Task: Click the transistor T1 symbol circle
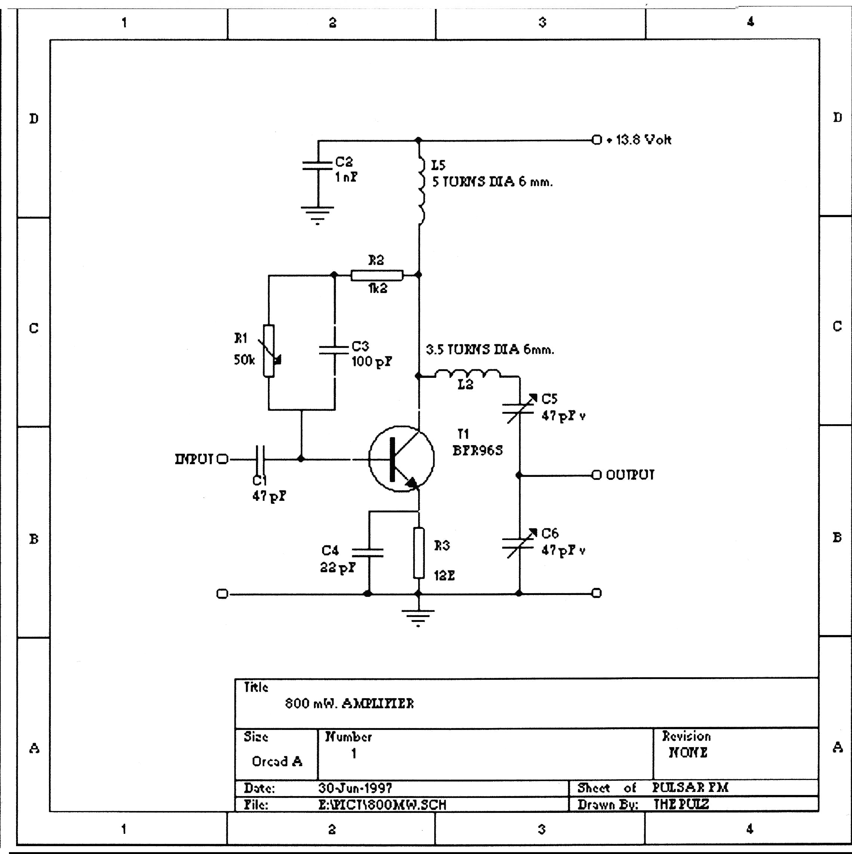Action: (x=401, y=459)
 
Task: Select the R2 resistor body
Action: (x=377, y=275)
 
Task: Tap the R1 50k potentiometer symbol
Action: (x=269, y=351)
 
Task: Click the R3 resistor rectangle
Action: (x=419, y=552)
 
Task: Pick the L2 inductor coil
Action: (x=467, y=374)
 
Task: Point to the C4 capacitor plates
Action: (x=368, y=552)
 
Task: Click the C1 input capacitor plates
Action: (x=260, y=459)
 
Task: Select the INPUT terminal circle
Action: (x=223, y=459)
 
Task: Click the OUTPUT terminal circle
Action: (x=596, y=475)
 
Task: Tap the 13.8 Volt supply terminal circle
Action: (x=596, y=140)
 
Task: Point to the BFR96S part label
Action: (x=478, y=450)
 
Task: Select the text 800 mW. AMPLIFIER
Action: (x=349, y=703)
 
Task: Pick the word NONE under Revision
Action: (x=688, y=752)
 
